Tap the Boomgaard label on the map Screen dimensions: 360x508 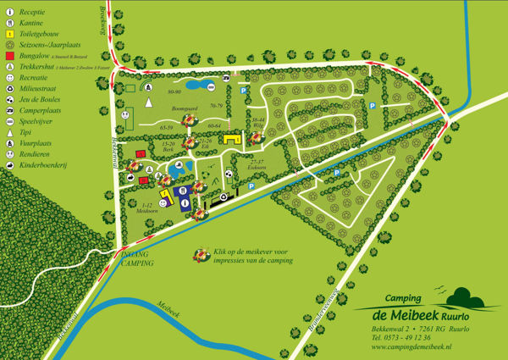pos(184,110)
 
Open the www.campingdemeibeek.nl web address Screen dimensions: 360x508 pos(411,347)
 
